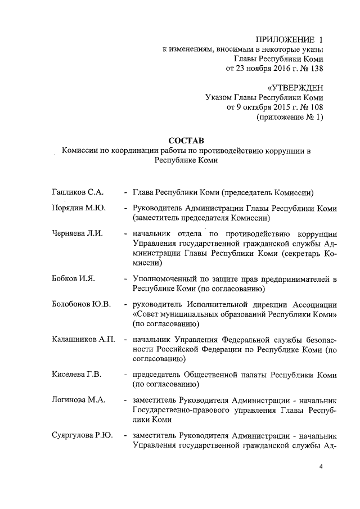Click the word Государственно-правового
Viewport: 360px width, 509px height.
(181, 410)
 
